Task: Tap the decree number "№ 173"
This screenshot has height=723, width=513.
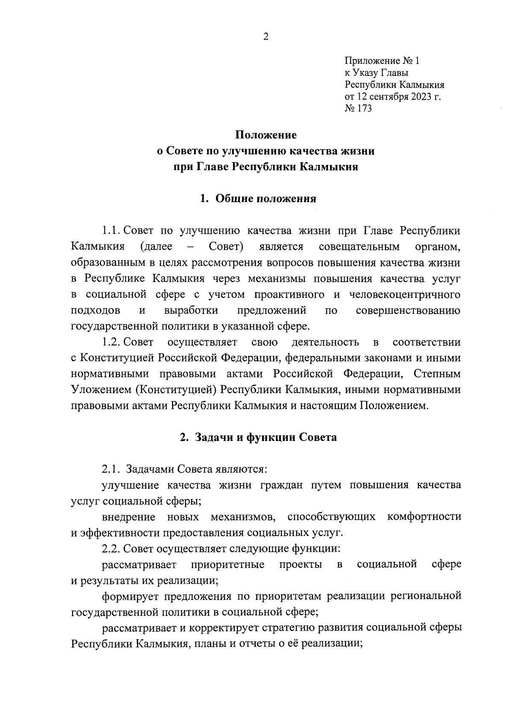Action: coord(358,109)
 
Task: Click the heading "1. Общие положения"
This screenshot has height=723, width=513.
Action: coord(258,199)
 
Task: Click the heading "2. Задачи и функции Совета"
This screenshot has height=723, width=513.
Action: coord(258,438)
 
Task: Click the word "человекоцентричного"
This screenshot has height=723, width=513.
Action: coord(404,295)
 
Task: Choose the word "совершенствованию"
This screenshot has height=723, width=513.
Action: coord(408,311)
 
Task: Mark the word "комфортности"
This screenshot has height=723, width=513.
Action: coord(424,517)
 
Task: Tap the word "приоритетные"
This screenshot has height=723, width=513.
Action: coord(227,564)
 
